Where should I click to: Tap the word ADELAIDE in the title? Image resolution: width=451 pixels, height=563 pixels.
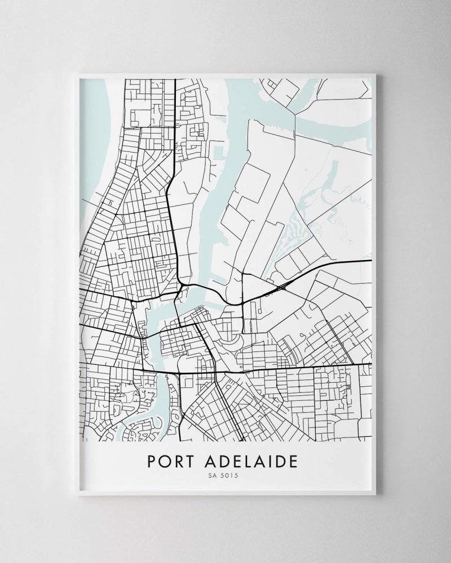point(254,461)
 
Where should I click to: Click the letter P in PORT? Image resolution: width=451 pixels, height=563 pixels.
point(152,461)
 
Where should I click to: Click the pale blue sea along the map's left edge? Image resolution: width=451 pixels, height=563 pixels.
point(96,141)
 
